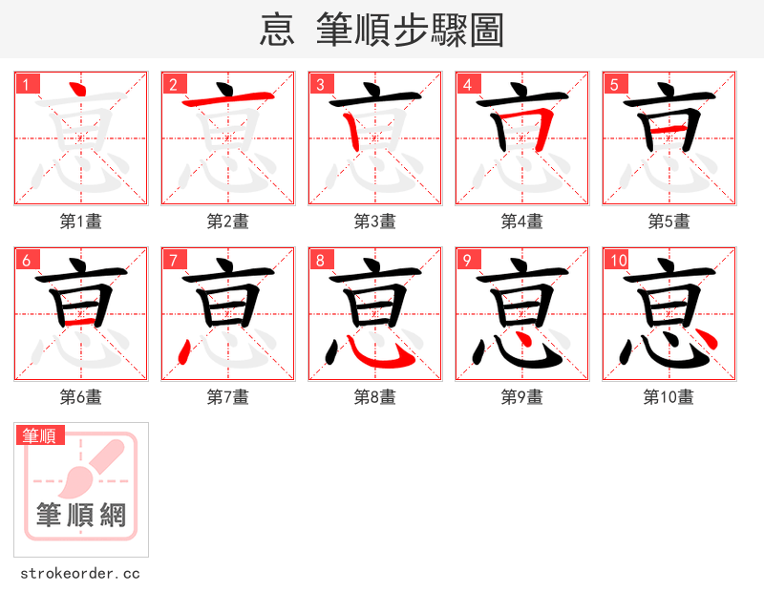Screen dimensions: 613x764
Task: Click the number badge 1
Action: point(27,84)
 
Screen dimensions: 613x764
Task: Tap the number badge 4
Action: point(468,84)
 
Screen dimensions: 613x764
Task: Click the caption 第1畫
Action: point(81,222)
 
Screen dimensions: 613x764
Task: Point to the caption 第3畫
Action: point(375,222)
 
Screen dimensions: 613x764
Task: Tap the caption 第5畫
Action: point(669,222)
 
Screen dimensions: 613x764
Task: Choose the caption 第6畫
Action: point(81,397)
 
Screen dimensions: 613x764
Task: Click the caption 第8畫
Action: point(375,397)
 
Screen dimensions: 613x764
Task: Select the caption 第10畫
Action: point(669,397)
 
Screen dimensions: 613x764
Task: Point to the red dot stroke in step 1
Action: point(79,91)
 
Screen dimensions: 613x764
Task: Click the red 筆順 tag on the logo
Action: point(40,436)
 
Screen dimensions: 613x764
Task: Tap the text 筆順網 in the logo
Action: point(81,516)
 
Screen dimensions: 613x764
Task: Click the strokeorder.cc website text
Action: point(80,574)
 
